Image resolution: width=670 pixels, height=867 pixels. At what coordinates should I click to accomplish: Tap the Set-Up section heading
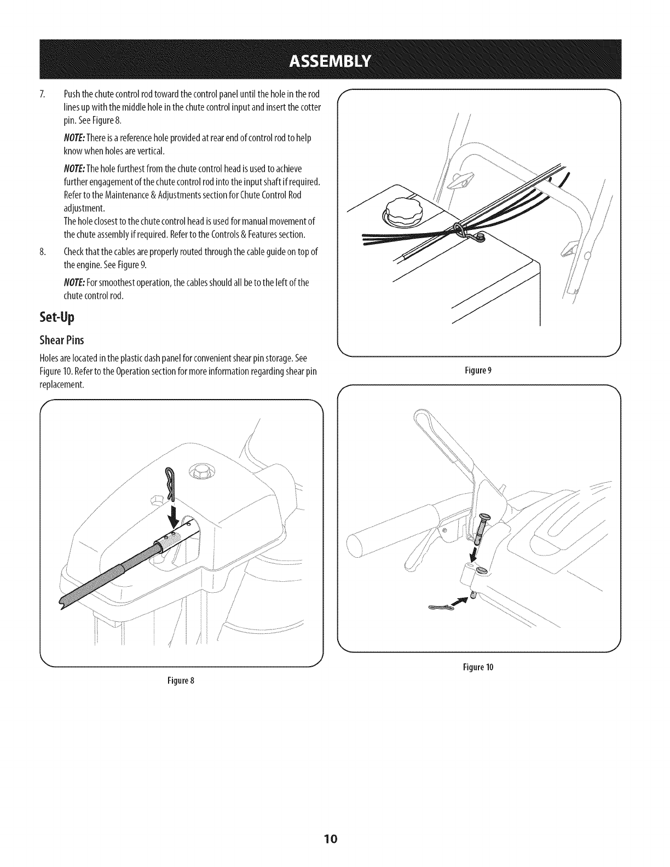[56, 317]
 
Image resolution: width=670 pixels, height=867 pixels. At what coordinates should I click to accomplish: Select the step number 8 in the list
[42, 252]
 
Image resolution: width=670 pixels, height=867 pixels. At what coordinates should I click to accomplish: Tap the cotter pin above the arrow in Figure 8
[169, 469]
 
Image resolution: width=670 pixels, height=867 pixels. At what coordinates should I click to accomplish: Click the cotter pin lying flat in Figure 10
[440, 608]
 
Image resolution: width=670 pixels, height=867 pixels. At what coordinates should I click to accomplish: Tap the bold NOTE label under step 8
[74, 282]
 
